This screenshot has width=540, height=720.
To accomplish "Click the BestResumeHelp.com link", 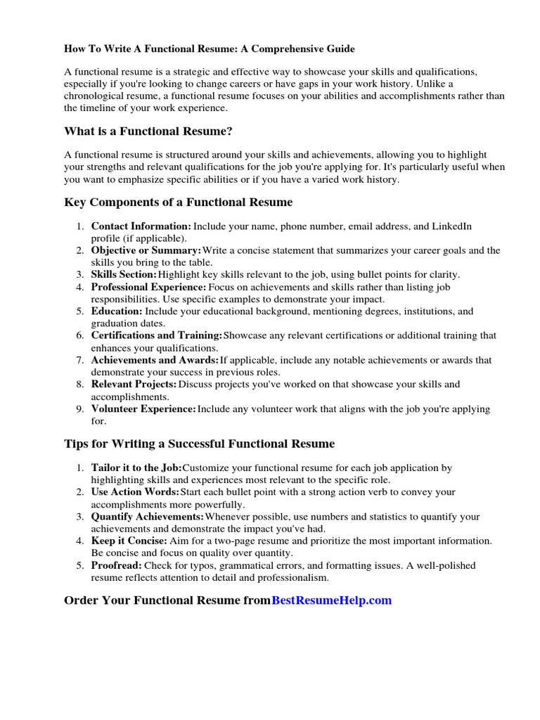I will pos(331,600).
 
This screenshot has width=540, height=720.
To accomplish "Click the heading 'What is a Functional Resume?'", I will pos(148,131).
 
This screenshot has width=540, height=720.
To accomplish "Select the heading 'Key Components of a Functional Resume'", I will pos(178,202).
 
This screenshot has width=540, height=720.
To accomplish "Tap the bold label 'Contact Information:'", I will pos(141,226).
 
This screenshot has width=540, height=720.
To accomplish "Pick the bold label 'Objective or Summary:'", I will pos(146,250).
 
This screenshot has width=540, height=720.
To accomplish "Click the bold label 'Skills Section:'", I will pos(124,274).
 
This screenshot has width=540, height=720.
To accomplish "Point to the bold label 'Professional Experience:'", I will pos(148,287).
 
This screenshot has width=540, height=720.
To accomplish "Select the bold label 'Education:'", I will pos(117,311).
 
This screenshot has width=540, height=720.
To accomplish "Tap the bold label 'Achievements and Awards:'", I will pos(155,360).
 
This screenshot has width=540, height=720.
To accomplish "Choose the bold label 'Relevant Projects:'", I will pos(134,385).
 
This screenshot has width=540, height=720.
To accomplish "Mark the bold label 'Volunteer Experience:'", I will pos(143,409).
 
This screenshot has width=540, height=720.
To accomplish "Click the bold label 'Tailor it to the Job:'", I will pos(136,468).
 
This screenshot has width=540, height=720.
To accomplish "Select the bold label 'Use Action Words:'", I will pos(135,492).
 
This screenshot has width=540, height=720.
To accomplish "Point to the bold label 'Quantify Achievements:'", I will pos(147,517).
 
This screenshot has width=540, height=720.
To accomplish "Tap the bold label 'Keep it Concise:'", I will pos(129,541).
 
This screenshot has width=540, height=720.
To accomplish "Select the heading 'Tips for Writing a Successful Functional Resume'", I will pos(199,444).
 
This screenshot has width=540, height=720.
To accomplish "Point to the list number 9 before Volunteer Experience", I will pos(80,409).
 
